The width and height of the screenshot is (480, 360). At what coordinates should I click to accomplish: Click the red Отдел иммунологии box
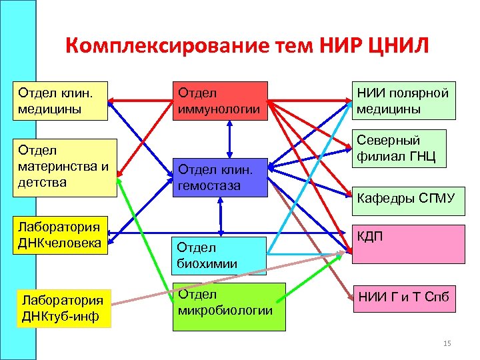[x=219, y=101]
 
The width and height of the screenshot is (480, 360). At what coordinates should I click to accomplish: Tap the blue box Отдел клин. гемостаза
[x=219, y=177]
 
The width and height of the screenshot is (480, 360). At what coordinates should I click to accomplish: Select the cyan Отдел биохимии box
[x=219, y=255]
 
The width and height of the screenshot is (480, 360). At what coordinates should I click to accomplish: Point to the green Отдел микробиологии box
[x=229, y=306]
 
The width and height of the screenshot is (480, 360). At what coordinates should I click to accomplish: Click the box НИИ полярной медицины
[x=404, y=101]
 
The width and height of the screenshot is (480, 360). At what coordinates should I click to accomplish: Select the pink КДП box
[x=408, y=244]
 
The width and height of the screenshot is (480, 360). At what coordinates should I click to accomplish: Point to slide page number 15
[x=447, y=343]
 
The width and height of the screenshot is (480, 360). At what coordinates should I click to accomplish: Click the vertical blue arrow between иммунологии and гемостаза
[x=229, y=139]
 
